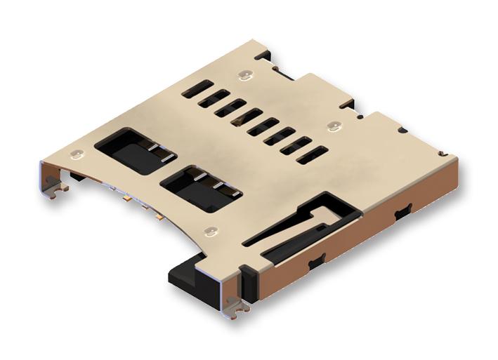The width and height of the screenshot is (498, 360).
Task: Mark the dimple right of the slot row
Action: pyautogui.click(x=333, y=127)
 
